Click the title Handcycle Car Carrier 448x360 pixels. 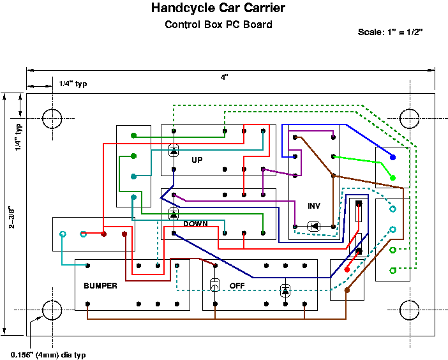(x=218, y=8)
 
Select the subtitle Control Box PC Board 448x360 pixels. (x=218, y=25)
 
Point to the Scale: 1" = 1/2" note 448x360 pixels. (x=391, y=31)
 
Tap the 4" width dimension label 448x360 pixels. (x=224, y=77)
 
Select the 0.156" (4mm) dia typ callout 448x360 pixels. (x=48, y=354)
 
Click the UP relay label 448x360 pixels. (x=197, y=160)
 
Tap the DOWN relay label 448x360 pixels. (x=196, y=223)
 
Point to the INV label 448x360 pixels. (x=314, y=206)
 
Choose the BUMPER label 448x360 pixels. (x=101, y=286)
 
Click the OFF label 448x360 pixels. (x=237, y=286)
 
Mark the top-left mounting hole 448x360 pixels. (x=52, y=118)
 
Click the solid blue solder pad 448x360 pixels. (x=392, y=156)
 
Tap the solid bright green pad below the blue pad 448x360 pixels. (x=392, y=177)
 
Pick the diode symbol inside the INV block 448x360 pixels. (x=313, y=226)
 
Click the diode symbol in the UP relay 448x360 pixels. (x=174, y=151)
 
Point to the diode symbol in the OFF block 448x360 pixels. (x=285, y=290)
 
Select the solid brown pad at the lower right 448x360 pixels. (x=347, y=290)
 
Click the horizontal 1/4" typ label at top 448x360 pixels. (x=72, y=84)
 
